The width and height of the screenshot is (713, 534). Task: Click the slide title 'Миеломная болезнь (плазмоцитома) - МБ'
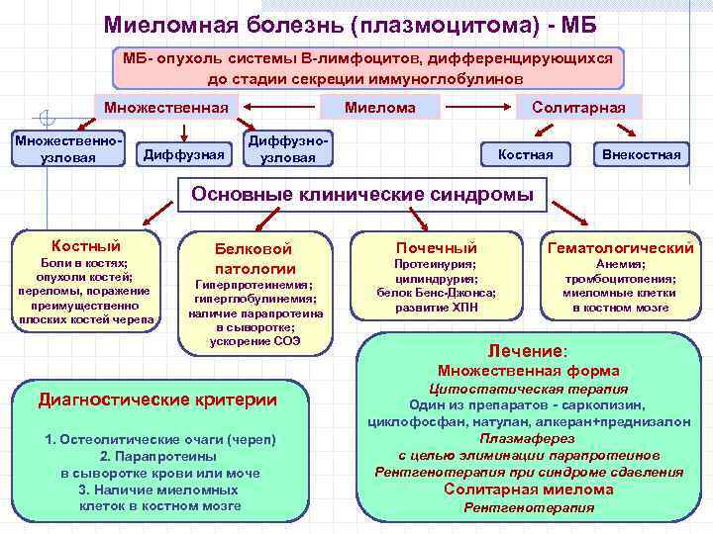356,23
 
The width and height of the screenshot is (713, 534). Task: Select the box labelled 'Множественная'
159,106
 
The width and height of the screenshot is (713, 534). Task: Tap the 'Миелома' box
379,106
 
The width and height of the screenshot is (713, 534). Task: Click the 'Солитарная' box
578,106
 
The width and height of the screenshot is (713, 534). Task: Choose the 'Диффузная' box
185,153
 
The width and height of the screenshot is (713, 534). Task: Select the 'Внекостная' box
641,153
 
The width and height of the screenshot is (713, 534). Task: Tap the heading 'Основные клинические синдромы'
361,195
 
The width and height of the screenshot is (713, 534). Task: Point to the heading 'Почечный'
436,247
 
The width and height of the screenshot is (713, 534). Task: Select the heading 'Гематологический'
620,247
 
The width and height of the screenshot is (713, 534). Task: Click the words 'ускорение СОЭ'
255,341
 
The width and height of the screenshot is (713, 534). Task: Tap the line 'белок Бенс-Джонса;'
437,293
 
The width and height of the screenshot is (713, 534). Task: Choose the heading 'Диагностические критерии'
157,400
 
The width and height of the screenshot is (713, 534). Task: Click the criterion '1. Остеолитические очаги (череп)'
160,439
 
